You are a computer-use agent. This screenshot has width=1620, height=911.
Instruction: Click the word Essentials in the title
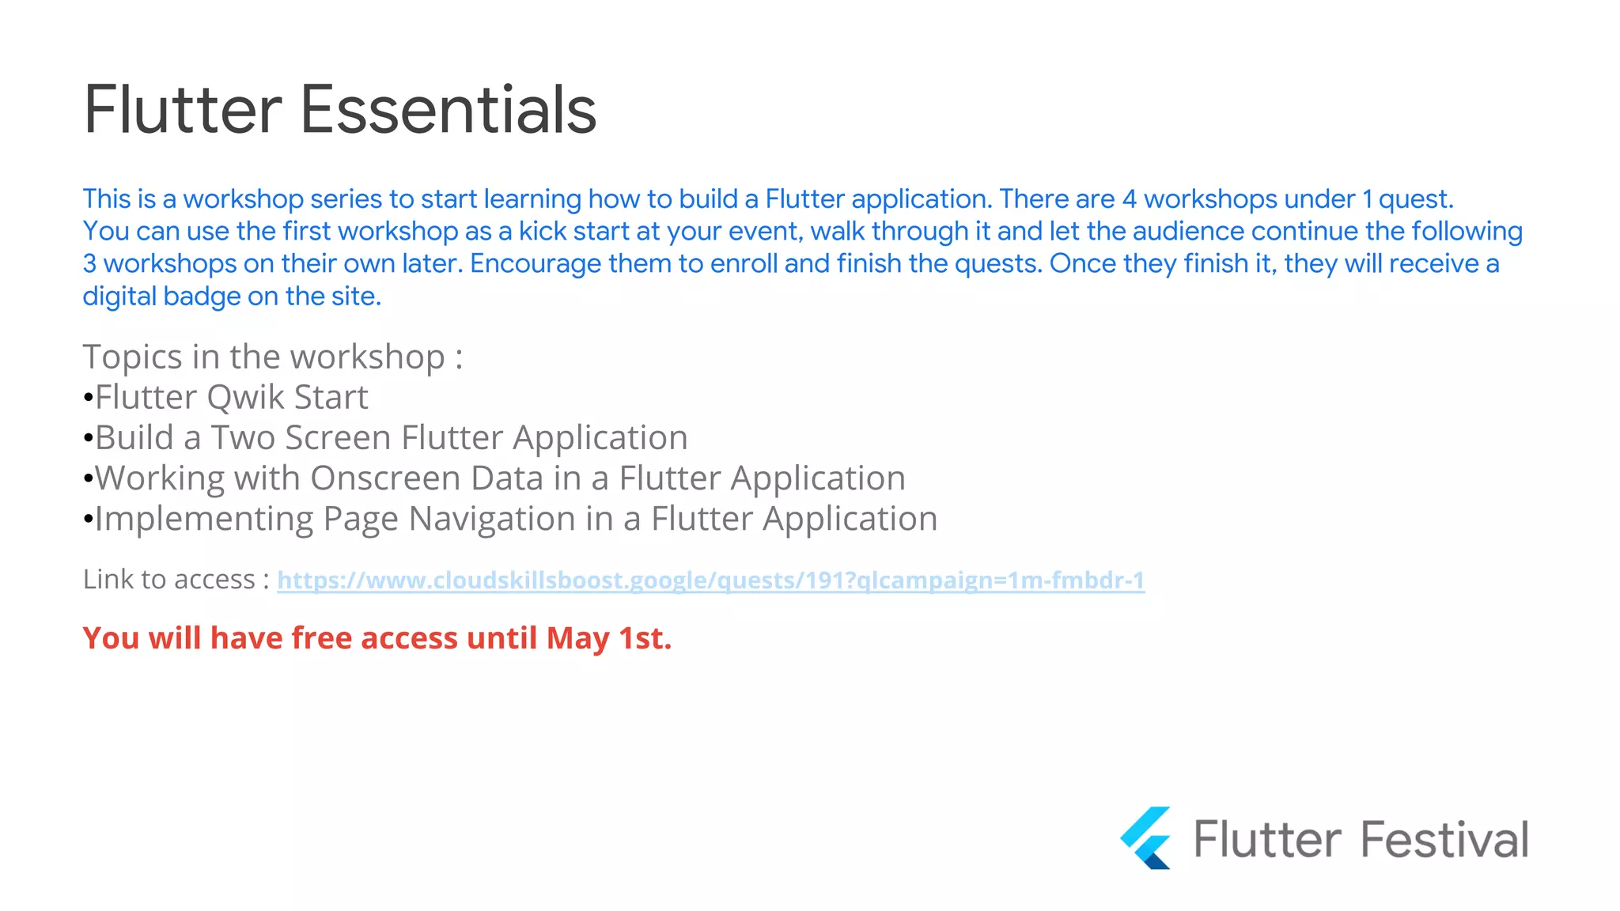pyautogui.click(x=448, y=110)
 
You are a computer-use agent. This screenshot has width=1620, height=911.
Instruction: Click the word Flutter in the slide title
pyautogui.click(x=182, y=110)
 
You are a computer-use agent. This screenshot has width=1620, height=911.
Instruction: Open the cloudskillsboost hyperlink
pyautogui.click(x=710, y=580)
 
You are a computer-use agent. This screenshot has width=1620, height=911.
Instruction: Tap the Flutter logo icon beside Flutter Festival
pyautogui.click(x=1146, y=838)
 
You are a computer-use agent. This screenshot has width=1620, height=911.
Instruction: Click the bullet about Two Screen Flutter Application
pyautogui.click(x=391, y=438)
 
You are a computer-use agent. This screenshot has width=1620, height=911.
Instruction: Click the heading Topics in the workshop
pyautogui.click(x=272, y=357)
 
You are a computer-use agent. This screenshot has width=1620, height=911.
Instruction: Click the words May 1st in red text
pyautogui.click(x=608, y=638)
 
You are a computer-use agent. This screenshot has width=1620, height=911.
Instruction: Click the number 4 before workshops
pyautogui.click(x=1129, y=199)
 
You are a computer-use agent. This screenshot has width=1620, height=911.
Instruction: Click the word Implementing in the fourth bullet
pyautogui.click(x=204, y=520)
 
